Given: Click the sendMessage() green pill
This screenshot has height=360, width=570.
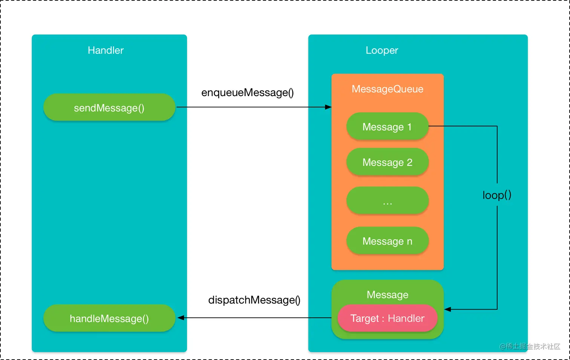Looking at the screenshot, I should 109,107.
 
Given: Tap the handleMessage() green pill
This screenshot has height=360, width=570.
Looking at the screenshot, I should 109,318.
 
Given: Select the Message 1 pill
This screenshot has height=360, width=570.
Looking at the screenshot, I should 387,127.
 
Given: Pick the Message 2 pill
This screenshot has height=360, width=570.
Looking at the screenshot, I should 387,162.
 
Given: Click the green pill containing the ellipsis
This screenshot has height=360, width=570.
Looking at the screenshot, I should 387,201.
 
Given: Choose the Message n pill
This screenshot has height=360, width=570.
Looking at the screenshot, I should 387,241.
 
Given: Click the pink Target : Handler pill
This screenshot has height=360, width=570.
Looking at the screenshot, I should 387,318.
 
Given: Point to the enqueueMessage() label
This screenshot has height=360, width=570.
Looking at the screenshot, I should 247,92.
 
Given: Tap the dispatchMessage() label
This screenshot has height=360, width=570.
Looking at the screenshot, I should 254,300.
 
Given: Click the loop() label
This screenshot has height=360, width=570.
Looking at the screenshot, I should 497,195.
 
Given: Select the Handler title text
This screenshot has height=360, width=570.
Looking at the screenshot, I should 106,50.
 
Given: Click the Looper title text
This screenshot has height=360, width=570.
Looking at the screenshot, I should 382,50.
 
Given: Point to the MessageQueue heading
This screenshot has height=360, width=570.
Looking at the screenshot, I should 387,89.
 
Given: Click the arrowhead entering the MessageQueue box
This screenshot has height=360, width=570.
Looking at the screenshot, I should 328,107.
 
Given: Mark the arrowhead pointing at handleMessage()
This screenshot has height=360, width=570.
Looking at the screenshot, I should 181,318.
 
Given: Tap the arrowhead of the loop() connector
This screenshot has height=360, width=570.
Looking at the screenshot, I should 448,309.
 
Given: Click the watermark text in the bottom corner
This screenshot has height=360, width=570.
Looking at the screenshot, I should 530,346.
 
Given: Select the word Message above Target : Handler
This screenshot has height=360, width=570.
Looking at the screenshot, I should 387,294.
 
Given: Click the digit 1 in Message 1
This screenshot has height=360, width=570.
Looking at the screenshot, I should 409,127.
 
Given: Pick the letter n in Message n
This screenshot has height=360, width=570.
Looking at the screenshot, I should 409,241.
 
